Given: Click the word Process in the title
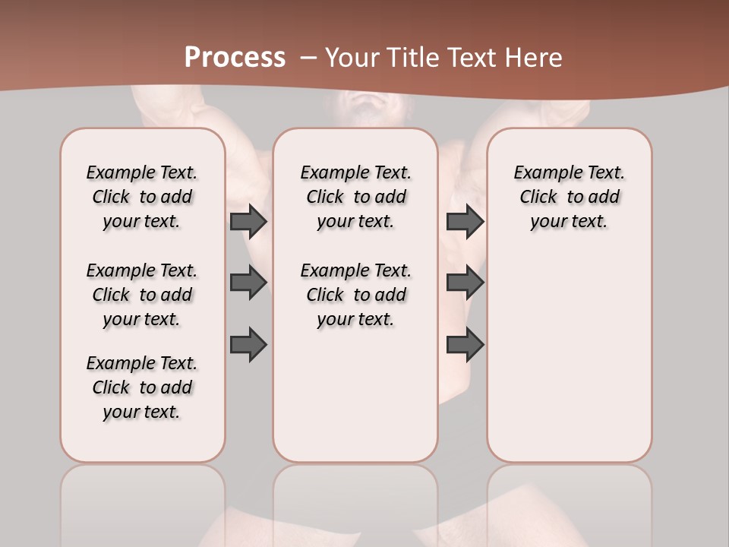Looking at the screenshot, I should (235, 58).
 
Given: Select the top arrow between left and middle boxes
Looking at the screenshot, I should (248, 221).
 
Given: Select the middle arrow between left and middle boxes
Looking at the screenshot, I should (248, 283).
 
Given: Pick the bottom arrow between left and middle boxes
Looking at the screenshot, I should (248, 344).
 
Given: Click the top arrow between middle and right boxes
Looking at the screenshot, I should (465, 221).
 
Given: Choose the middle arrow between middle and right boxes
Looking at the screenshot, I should (465, 283).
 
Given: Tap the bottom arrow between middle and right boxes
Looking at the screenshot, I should (465, 344).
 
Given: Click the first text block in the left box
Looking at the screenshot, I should (142, 197).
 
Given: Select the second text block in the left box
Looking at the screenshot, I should (142, 295).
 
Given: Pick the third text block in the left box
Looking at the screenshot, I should (142, 387).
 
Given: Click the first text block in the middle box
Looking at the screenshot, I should (355, 197).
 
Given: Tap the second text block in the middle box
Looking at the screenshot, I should (355, 295).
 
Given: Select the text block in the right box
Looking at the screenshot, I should (570, 197).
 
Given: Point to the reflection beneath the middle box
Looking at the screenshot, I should (355, 501).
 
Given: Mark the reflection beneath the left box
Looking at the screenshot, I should (143, 501).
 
